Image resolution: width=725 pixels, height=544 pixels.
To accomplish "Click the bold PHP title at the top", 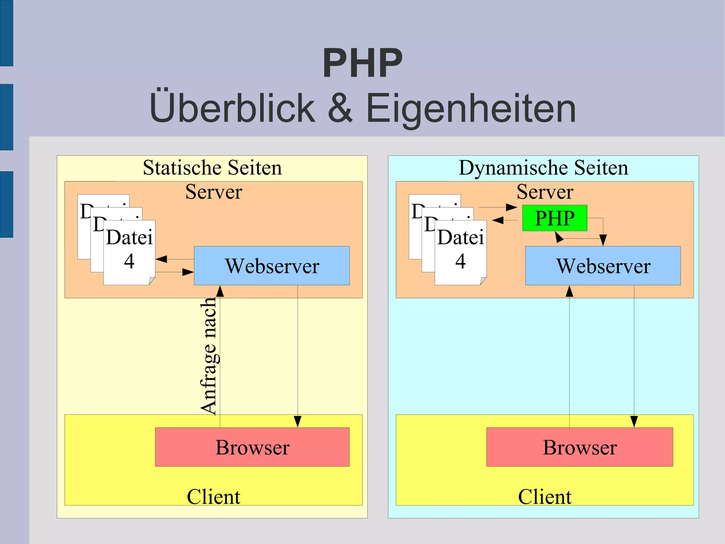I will coord(362,63).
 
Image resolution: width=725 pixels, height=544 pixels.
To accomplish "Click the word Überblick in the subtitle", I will coord(232,108).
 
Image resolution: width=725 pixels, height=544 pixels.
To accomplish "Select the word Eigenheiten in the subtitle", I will coord(471,108).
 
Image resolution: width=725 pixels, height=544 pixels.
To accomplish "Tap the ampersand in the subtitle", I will coord(340,108).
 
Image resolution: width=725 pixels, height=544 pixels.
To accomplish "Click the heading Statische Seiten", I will coord(212,168).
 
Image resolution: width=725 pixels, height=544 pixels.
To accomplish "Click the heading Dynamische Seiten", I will coord(543,168).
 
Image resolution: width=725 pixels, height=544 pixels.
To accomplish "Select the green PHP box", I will coord(555,218).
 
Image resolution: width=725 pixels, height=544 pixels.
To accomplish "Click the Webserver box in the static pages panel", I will coord(272,266).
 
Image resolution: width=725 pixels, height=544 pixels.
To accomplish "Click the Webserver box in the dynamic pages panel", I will coord(603,266).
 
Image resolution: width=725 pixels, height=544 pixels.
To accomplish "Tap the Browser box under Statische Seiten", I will coord(252,447).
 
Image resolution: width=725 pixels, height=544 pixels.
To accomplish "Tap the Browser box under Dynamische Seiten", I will coord(580,447).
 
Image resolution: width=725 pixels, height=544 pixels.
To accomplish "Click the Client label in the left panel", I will coord(213,497).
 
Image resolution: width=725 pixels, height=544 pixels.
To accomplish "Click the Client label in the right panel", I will coord(545,497).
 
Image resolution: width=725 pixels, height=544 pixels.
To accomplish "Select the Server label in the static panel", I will coord(213,192).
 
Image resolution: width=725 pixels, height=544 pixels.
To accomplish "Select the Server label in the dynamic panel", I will coord(545,192).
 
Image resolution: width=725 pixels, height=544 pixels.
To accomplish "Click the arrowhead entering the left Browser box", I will coord(298,422).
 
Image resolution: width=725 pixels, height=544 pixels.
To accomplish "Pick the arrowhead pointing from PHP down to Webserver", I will coord(603,240).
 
